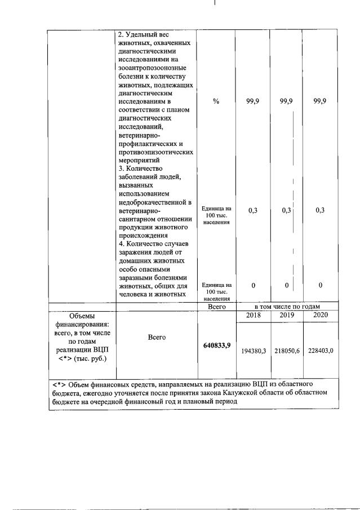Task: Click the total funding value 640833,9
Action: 216,345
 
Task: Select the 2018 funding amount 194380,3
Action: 253,351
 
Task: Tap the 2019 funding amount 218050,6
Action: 287,351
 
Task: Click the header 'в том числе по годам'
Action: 287,307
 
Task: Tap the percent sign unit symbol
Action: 216,101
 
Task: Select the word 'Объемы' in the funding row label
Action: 82,316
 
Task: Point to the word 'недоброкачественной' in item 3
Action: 152,202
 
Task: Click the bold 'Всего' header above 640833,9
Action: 216,307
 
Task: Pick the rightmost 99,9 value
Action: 320,101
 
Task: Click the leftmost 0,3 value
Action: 253,210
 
